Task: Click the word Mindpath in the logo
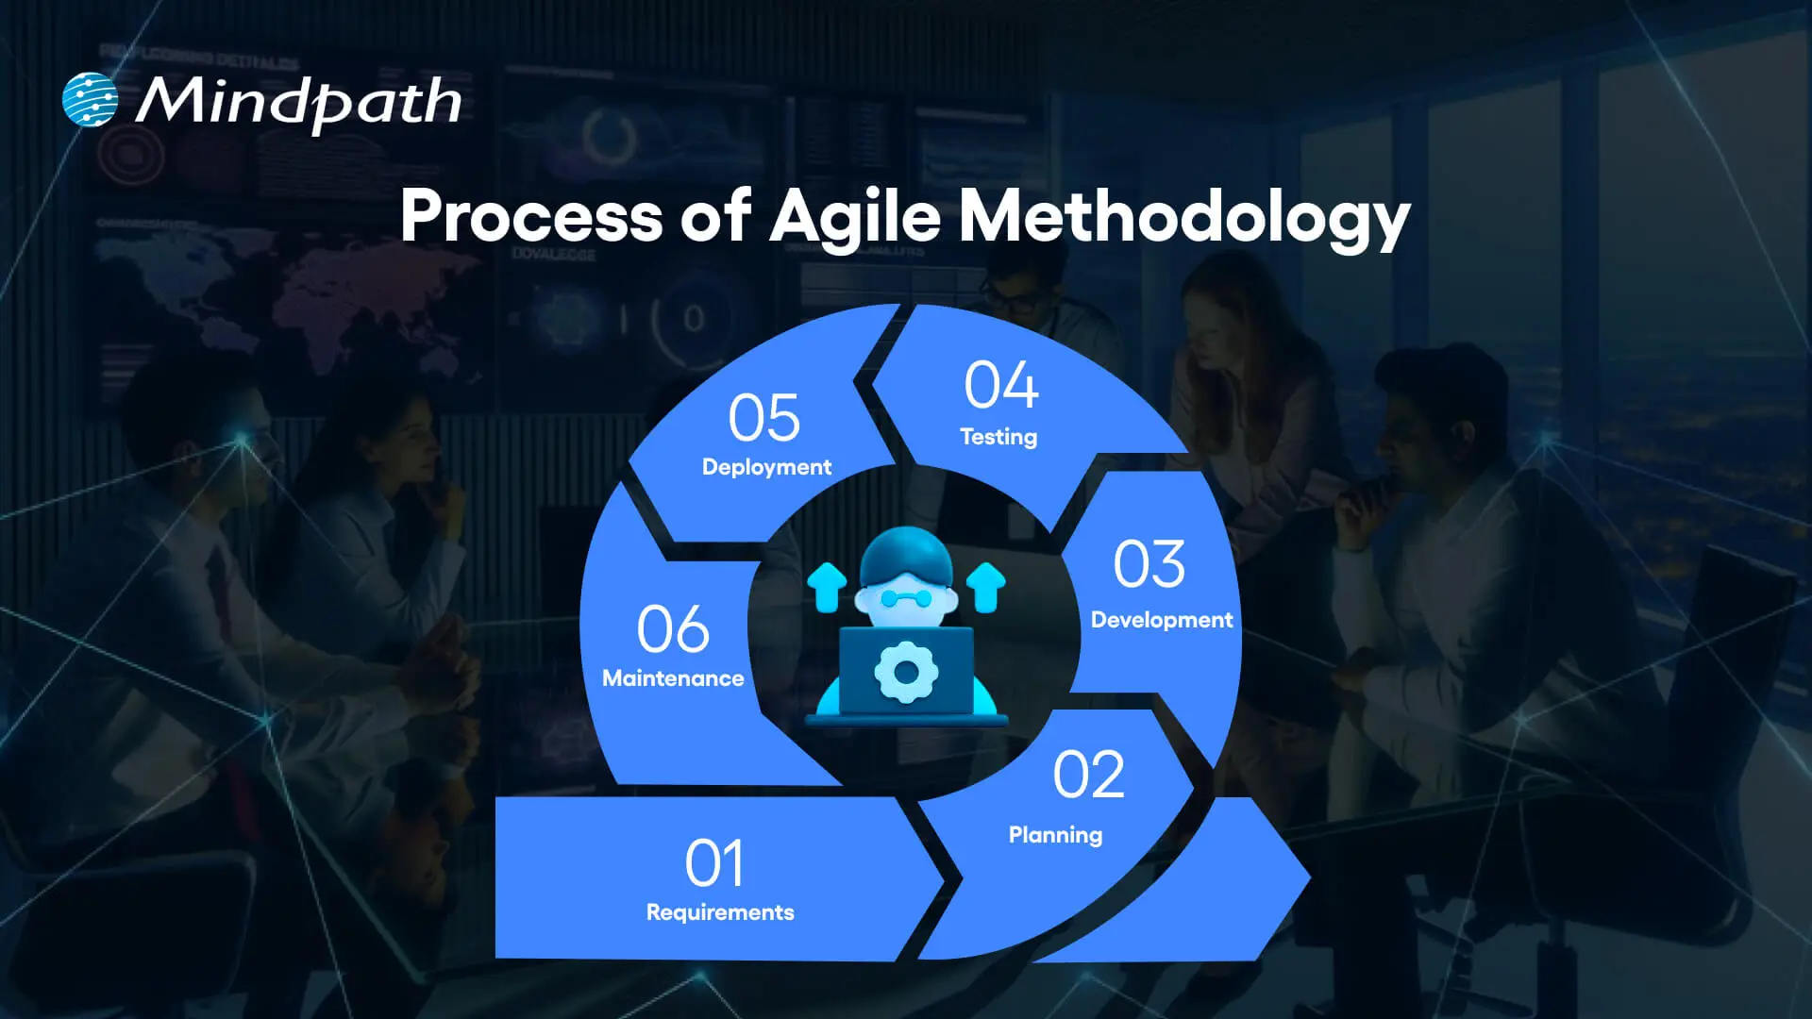(x=298, y=101)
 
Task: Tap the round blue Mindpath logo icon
(x=90, y=99)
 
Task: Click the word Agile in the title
(x=855, y=217)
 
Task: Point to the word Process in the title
(x=531, y=217)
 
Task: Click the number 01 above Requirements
(x=714, y=863)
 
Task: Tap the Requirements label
(x=720, y=912)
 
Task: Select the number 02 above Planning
(x=1088, y=776)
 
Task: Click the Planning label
(x=1055, y=835)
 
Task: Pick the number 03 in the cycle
(x=1149, y=564)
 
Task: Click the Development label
(x=1161, y=620)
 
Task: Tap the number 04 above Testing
(x=1001, y=386)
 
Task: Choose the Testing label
(x=998, y=437)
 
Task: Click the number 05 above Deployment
(x=763, y=418)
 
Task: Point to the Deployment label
(x=766, y=467)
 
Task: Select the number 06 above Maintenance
(x=672, y=629)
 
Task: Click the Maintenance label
(x=673, y=678)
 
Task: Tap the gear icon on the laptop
(x=905, y=672)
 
